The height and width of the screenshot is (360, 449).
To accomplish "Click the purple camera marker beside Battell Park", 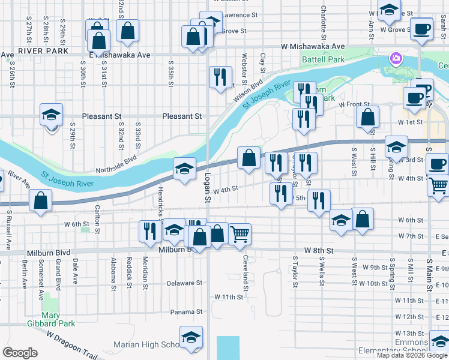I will pos(396,59).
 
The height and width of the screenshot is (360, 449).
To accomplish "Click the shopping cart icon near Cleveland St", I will pos(240,234).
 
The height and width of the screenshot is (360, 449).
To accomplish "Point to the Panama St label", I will pos(186,312).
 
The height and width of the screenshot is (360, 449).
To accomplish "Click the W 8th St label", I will pos(318,249).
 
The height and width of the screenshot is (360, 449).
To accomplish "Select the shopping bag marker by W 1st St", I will pos(367,117).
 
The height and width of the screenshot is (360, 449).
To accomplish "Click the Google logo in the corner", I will pos(20,353).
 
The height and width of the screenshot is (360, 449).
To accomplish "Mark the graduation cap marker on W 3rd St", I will pos(396,146).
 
